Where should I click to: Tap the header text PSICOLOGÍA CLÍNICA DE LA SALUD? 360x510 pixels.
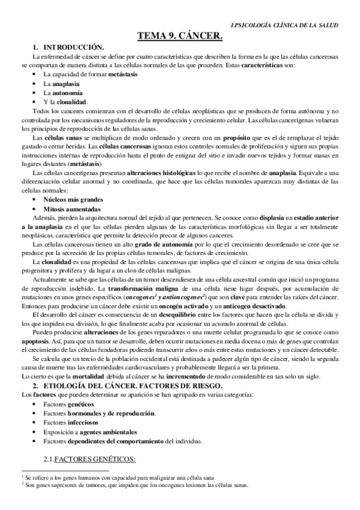(286, 25)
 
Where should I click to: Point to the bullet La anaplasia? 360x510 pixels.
(61, 84)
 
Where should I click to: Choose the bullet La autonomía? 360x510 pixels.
(63, 93)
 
